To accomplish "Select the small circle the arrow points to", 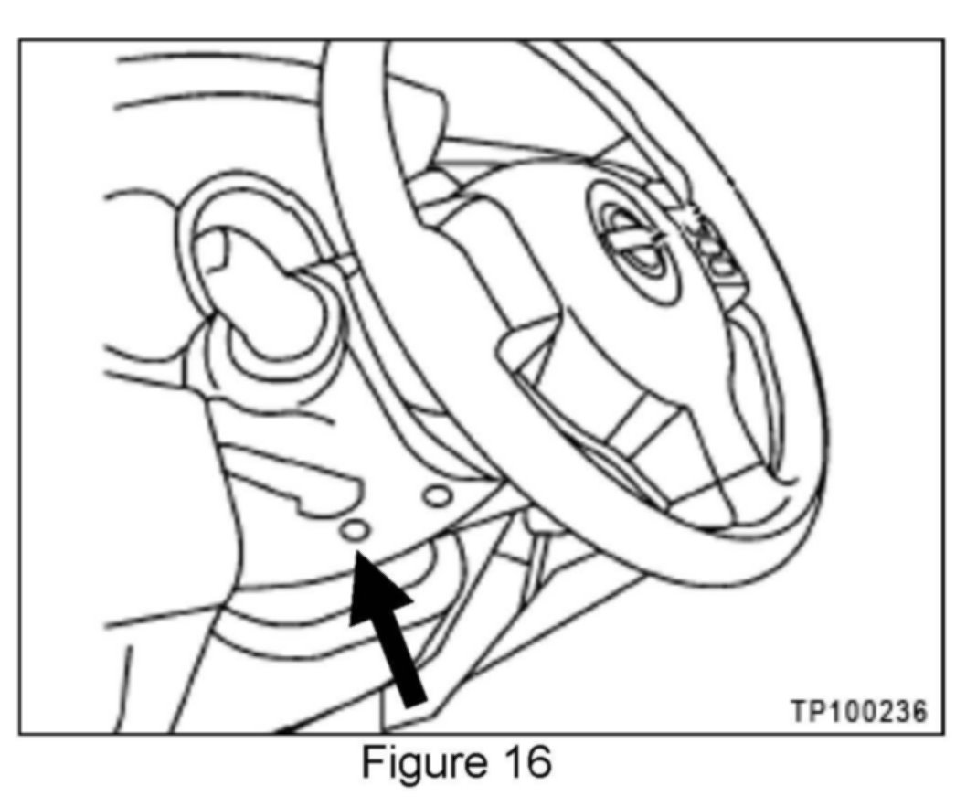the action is pos(356,530).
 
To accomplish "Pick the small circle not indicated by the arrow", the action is pos(437,495).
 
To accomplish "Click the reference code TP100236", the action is pos(858,709).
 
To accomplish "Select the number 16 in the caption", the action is pos(523,761).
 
